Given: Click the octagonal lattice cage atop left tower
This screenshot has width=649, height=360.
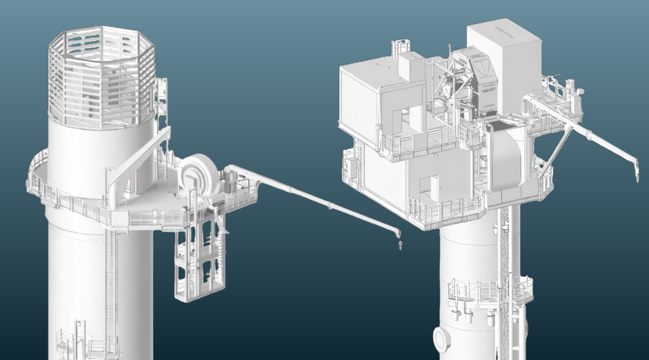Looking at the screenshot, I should coord(101,78).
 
